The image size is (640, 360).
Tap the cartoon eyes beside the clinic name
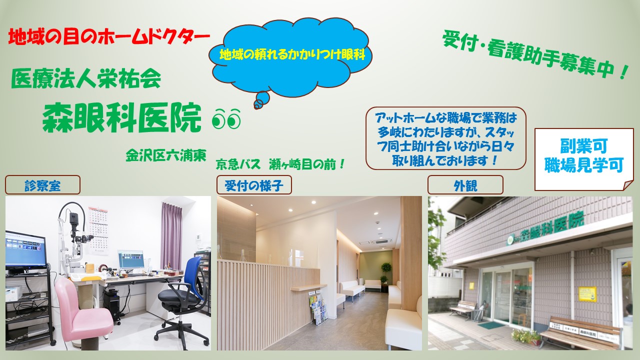click(226, 119)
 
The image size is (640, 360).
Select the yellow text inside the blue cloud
click(292, 54)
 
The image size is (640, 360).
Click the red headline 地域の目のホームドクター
click(109, 37)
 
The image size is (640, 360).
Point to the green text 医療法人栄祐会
click(86, 78)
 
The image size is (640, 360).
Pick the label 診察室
click(42, 186)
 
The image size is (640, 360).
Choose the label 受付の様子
click(254, 186)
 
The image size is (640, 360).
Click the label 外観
click(465, 186)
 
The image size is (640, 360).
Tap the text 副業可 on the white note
click(583, 146)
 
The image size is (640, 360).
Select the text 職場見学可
click(584, 165)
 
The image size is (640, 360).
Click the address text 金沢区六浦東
click(166, 155)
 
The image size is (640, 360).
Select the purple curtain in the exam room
click(171, 235)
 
